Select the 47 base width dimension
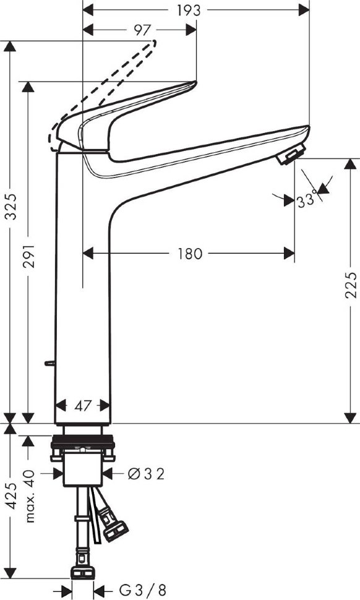[x=83, y=406]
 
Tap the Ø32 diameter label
[x=146, y=474]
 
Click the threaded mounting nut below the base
[x=83, y=443]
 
